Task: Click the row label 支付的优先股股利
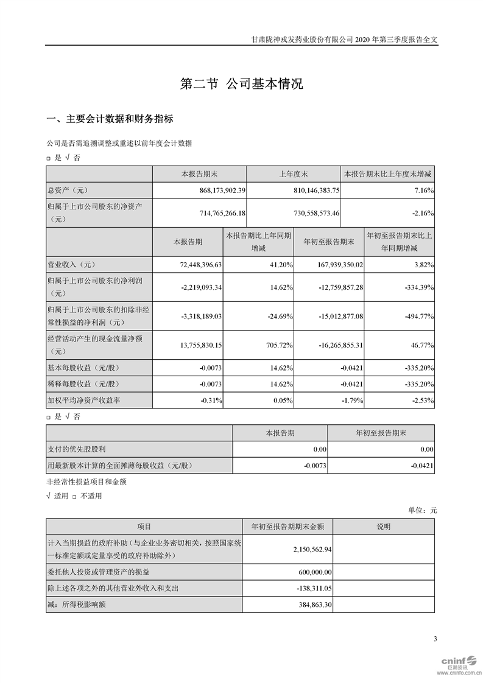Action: click(77, 449)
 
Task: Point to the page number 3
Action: click(435, 639)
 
